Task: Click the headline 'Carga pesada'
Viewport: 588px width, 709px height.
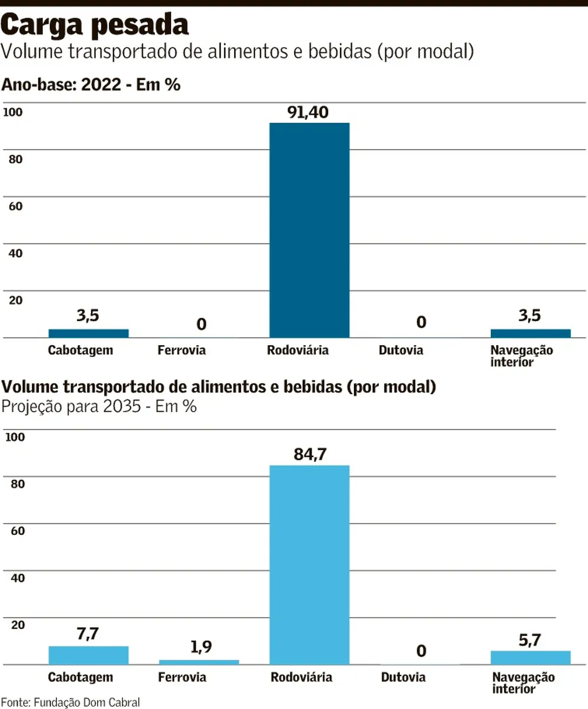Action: (95, 25)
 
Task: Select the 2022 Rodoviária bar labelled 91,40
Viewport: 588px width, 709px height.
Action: (309, 230)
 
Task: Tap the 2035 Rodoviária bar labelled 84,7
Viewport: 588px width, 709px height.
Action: (309, 564)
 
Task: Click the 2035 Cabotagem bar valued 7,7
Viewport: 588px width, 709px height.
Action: (88, 655)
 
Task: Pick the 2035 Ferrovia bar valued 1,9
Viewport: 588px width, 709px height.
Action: (199, 662)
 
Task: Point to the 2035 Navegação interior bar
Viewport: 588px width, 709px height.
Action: (530, 657)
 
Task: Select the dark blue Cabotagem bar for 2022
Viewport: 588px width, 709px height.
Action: (88, 333)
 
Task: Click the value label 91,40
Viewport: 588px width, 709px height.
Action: (308, 112)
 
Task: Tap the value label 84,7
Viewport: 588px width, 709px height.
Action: (310, 454)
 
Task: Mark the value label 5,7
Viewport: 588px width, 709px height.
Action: (530, 640)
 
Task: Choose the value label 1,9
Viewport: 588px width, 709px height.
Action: (201, 647)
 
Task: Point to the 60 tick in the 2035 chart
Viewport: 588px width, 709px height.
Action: (18, 531)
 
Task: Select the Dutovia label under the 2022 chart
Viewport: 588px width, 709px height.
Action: (401, 350)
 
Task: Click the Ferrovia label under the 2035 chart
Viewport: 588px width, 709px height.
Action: (182, 677)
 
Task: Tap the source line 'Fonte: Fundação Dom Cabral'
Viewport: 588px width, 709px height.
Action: (71, 702)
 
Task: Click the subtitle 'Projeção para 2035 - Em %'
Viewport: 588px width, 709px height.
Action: (99, 406)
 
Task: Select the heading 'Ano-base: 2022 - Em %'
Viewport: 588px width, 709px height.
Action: (91, 85)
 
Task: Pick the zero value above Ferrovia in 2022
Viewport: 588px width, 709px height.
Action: (201, 324)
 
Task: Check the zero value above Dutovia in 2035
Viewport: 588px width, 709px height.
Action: (421, 651)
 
